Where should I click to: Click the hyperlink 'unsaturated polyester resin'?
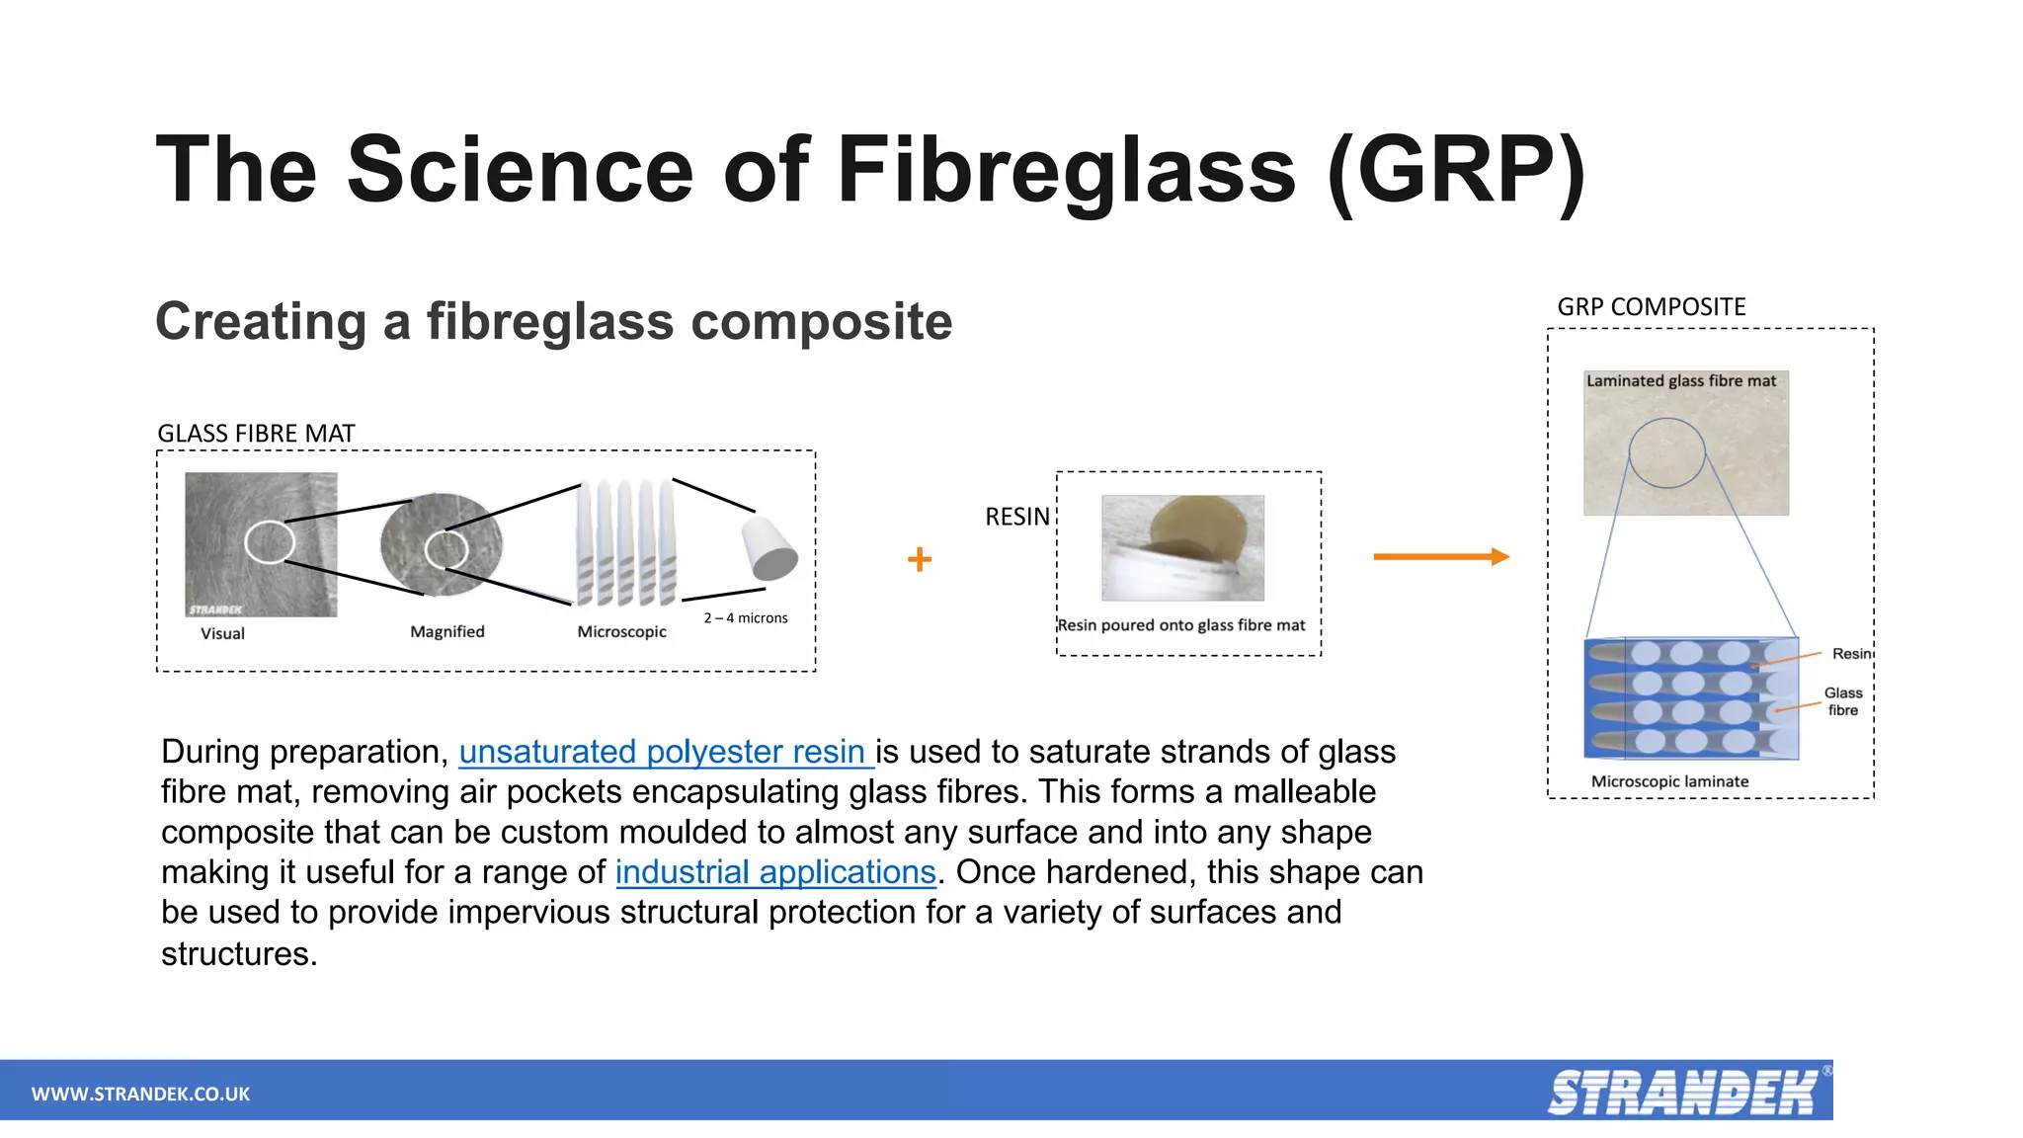click(664, 753)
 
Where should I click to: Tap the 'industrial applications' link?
click(775, 872)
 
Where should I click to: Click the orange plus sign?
click(920, 559)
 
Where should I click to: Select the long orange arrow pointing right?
click(1440, 557)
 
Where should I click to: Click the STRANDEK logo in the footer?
click(1683, 1093)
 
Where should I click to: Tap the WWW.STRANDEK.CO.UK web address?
click(140, 1094)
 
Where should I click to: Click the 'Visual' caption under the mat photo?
click(222, 634)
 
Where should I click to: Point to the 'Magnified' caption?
click(447, 632)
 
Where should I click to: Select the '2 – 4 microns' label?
click(746, 618)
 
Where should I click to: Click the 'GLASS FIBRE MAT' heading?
click(256, 434)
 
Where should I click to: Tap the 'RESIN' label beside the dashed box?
click(1017, 517)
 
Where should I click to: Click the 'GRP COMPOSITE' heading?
click(1652, 307)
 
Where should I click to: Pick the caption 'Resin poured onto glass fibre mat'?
click(1181, 625)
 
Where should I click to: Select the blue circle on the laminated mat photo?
click(1666, 453)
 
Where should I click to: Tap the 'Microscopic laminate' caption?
click(1669, 781)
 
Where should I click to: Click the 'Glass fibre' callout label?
click(1842, 701)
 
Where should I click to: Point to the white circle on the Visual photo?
click(270, 542)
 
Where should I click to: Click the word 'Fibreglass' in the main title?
click(1066, 170)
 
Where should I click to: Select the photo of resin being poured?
click(1182, 548)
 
